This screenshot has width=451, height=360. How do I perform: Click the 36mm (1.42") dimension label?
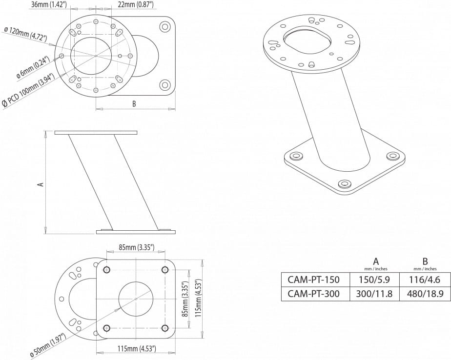[x=49, y=4]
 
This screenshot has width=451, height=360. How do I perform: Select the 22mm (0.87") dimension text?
[x=136, y=4]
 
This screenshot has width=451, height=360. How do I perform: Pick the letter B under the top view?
[x=134, y=103]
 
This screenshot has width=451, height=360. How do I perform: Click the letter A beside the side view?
[x=41, y=184]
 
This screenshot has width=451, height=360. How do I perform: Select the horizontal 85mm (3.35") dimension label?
[x=137, y=247]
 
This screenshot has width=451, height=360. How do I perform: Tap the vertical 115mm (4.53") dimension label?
[x=198, y=298]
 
